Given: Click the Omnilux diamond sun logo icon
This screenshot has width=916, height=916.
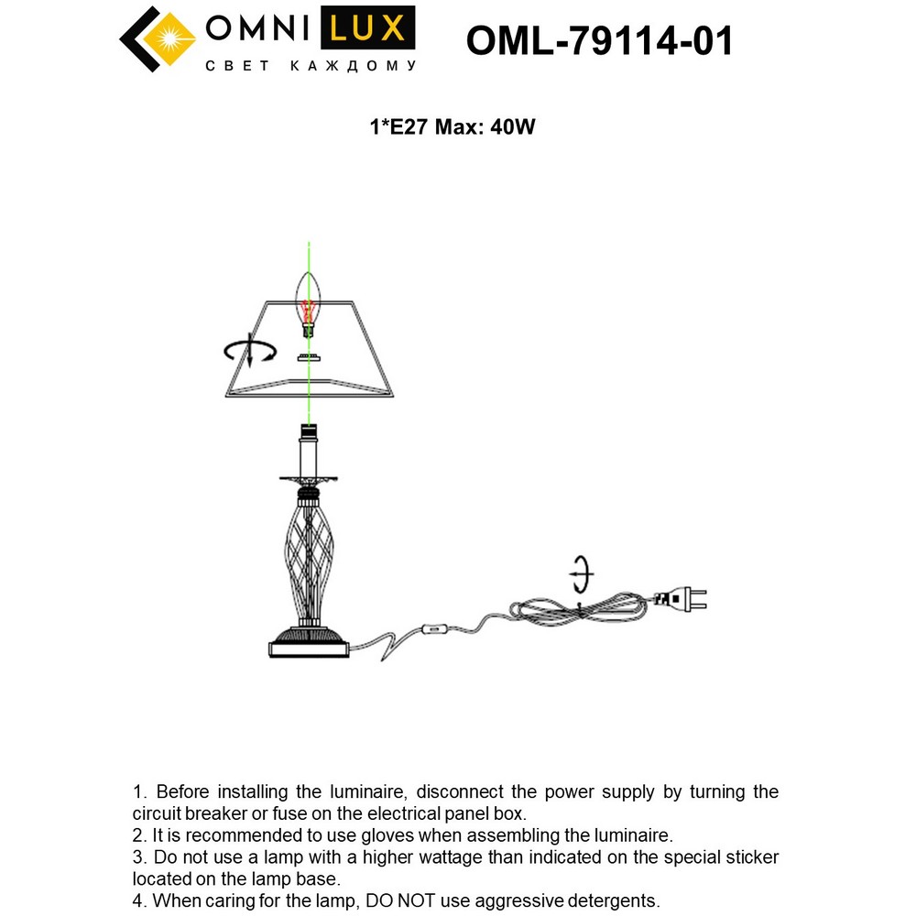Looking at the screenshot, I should (158, 38).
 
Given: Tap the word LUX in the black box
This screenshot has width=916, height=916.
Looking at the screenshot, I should (366, 28).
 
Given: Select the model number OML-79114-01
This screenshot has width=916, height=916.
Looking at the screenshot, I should (599, 40).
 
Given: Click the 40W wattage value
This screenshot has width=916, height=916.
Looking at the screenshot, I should (512, 127).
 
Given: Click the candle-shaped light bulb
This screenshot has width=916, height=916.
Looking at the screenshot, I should (311, 301).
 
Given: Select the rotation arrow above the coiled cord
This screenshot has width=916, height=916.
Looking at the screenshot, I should (580, 575).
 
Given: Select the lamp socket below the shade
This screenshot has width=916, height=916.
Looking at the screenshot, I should (310, 449).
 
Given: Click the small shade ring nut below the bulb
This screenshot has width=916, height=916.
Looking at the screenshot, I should (310, 356).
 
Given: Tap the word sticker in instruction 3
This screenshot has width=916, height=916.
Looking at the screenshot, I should (745, 857).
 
